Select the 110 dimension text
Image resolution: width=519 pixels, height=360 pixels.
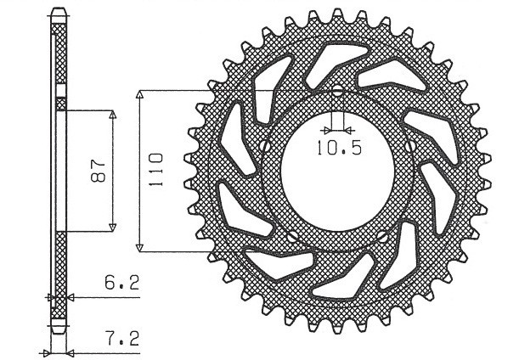click(x=155, y=170)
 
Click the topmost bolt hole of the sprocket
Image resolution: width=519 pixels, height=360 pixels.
click(x=338, y=92)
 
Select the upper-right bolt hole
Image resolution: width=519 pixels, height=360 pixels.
click(x=412, y=147)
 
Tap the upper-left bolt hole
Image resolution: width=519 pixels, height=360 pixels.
click(x=265, y=147)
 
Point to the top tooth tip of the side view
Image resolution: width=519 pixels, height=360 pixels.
click(x=58, y=11)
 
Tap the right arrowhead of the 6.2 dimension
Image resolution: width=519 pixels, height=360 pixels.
click(x=68, y=297)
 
